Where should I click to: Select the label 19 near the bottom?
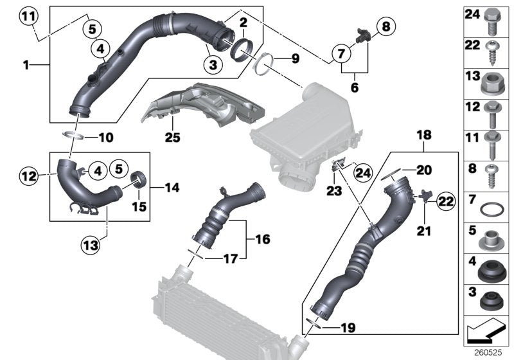[x=346, y=327]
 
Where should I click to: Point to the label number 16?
[x=263, y=239]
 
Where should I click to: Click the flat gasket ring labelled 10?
[x=73, y=136]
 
